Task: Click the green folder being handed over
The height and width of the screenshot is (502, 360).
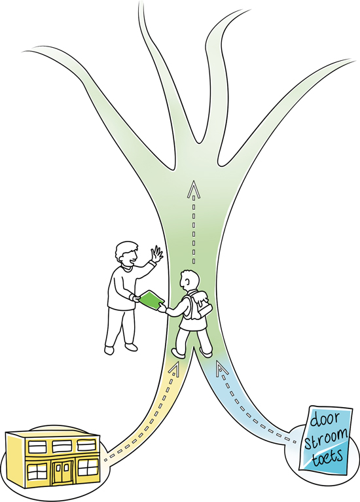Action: coord(151,300)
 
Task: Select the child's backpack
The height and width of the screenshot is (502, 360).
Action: coord(198,306)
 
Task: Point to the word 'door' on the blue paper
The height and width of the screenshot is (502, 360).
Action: coord(325,420)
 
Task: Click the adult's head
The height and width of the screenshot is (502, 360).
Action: coord(126,253)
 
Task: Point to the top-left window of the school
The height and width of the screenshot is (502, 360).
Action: coord(37,447)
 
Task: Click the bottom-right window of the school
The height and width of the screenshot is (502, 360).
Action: coord(87,467)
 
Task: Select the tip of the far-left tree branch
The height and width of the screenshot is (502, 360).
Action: coord(23,51)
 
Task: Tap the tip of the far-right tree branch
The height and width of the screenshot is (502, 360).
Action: coord(354,60)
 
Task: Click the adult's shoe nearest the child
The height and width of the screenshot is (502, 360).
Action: coord(132,347)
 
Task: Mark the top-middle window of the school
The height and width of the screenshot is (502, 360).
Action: coord(62,446)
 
